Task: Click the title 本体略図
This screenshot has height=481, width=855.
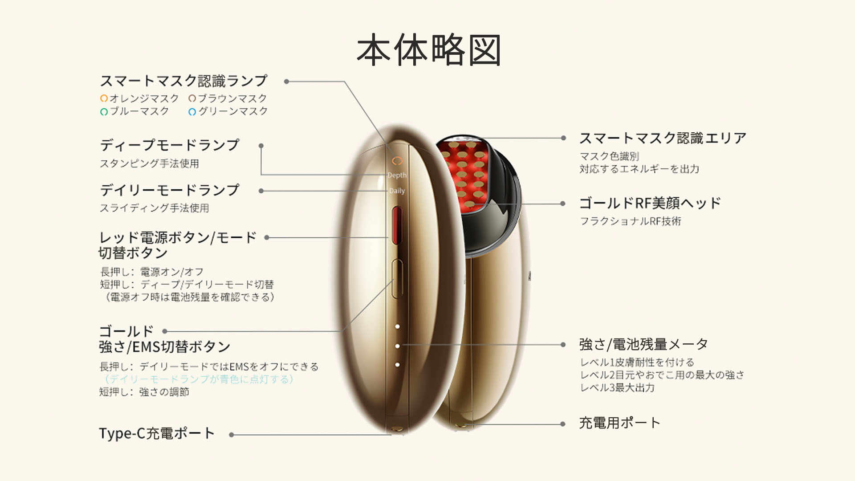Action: (429, 50)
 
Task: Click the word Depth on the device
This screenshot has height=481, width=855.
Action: (397, 175)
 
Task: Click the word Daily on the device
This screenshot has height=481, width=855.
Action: (397, 191)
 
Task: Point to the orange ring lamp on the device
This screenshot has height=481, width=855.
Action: (397, 161)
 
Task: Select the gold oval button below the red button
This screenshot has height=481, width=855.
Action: (397, 279)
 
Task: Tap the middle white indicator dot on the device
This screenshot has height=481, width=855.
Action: (397, 346)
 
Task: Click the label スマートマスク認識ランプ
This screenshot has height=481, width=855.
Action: (183, 81)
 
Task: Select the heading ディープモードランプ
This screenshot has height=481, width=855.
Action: (170, 145)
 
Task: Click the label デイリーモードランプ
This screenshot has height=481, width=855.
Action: (170, 190)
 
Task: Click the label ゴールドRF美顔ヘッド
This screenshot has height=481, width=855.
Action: (650, 203)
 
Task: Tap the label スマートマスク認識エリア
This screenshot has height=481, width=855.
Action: (663, 138)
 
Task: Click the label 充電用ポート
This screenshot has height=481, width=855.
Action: (619, 423)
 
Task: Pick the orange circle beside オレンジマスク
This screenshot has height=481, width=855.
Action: (104, 98)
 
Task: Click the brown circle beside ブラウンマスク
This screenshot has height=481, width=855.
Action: (192, 98)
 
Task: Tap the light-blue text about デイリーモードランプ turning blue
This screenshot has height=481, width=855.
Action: (199, 379)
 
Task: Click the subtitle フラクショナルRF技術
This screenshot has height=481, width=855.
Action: (630, 221)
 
